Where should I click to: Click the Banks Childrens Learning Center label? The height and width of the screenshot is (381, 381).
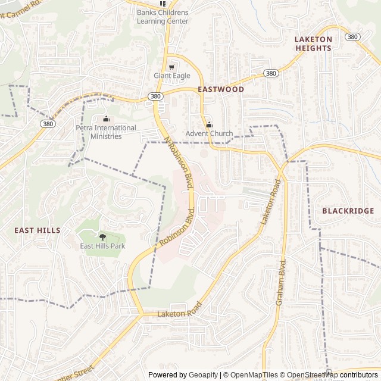[163, 17]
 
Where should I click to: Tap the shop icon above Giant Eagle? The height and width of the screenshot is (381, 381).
[172, 67]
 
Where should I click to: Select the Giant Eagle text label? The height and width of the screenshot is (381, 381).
[172, 76]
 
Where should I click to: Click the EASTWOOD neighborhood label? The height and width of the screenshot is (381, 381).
[221, 89]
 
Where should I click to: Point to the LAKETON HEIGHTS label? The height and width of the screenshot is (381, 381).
[313, 43]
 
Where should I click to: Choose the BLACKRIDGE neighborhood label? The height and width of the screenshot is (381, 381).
[348, 211]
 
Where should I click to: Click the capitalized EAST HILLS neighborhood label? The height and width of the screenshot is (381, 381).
[37, 230]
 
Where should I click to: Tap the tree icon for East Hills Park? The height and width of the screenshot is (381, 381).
[102, 237]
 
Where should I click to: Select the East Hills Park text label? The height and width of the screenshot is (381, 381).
[102, 246]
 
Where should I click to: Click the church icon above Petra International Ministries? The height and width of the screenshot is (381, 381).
[106, 119]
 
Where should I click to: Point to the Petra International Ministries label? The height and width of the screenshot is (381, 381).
[106, 132]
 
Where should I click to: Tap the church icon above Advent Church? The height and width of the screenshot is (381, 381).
[209, 124]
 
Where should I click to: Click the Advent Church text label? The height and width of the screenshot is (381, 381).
[209, 133]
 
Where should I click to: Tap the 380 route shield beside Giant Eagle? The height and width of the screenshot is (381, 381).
[155, 96]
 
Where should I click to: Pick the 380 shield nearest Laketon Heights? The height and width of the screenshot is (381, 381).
[352, 37]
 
